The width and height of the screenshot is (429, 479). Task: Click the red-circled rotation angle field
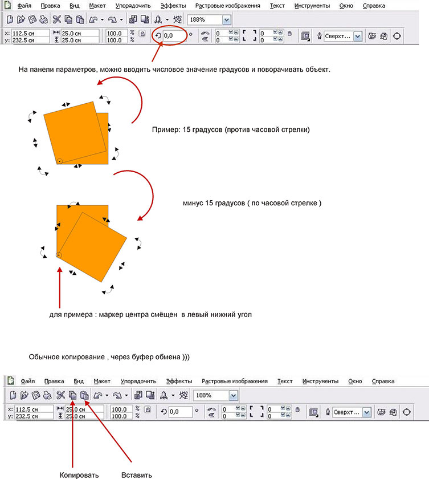[174, 36]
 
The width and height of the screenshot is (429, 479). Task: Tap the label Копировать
[79, 475]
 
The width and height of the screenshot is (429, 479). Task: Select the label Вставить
[136, 475]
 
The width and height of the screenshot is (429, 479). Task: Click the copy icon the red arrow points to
[72, 395]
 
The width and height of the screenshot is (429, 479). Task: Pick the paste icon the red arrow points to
[84, 395]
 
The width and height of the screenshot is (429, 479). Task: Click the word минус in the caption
[193, 203]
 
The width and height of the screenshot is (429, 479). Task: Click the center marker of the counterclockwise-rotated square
[60, 161]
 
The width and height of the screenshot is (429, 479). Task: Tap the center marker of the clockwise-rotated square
[59, 255]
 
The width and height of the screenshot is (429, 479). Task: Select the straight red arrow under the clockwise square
[60, 287]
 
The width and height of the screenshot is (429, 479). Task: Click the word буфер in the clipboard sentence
[143, 357]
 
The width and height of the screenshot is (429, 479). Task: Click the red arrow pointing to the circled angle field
[157, 52]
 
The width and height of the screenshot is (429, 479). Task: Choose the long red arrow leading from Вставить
[108, 431]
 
